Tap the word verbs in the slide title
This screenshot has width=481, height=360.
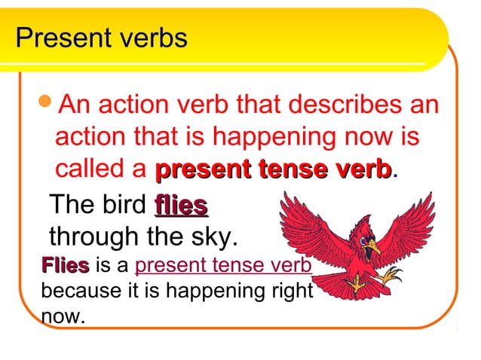tap(148, 38)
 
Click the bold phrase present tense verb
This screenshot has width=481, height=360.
tap(273, 169)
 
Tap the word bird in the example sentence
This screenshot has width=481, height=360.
tap(125, 205)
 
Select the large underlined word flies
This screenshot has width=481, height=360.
tap(181, 205)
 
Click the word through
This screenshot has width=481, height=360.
tap(96, 238)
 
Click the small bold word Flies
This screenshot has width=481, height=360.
tap(66, 266)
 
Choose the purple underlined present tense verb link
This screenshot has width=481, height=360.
tap(223, 266)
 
